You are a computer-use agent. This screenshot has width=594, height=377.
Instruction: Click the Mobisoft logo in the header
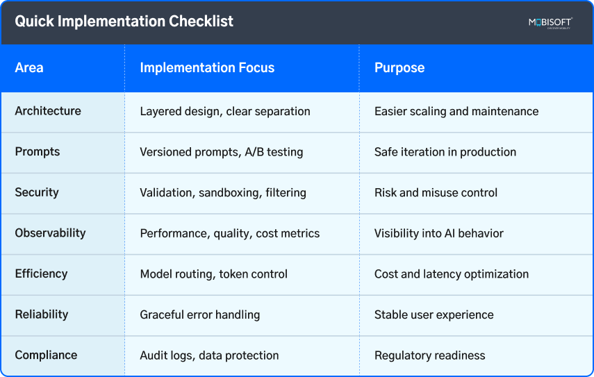pos(550,23)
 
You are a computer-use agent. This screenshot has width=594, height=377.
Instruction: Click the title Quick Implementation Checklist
pos(124,22)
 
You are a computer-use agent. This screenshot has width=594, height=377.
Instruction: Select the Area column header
pos(29,68)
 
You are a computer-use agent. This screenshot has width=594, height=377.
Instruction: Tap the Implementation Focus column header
pos(207,68)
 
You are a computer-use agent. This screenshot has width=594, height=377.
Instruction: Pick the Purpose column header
pos(399,68)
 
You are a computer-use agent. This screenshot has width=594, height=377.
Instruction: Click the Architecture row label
pos(48,111)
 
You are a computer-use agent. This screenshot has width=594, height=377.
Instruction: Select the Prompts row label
pos(38,152)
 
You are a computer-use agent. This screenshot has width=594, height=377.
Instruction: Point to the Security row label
pos(37,192)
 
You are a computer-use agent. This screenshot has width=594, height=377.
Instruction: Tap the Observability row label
pos(50,233)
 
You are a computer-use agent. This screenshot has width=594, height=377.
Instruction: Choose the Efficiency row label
pos(41,274)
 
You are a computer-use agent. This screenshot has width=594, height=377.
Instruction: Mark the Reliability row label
pos(42,315)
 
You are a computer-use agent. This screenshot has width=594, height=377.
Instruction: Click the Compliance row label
pos(46,355)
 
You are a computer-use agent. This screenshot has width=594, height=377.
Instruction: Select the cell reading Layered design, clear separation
pos(225,111)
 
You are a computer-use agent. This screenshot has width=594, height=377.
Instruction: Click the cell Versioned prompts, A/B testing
pos(222,152)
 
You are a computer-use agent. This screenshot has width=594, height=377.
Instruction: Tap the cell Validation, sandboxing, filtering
pos(223,192)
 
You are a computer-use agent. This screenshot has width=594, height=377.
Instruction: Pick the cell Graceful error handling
pos(200,315)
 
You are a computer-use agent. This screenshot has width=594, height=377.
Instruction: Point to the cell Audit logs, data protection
pos(209,355)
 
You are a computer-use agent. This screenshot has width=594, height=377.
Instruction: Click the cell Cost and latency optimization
pos(452,274)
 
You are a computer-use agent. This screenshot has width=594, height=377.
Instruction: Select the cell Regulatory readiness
pos(430,355)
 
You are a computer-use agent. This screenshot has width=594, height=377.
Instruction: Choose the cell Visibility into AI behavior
pos(439,233)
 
